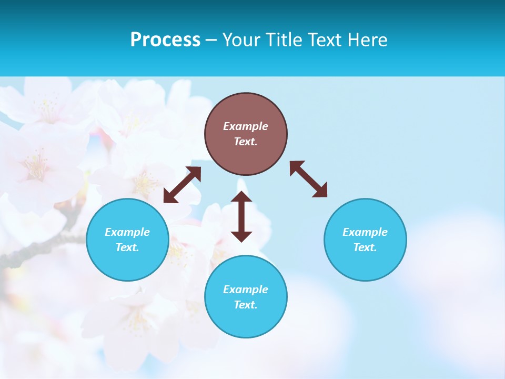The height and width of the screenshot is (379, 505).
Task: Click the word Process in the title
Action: click(165, 40)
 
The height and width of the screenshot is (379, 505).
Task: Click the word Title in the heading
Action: click(280, 40)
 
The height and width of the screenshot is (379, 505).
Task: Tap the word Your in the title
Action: click(241, 40)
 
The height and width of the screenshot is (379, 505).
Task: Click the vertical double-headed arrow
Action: click(241, 216)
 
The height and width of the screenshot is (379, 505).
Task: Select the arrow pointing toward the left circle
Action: click(182, 185)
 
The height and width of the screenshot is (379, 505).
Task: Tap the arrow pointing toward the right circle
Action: click(308, 179)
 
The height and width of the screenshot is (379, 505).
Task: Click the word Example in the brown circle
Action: click(246, 126)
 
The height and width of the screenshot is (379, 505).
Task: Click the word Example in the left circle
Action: click(127, 232)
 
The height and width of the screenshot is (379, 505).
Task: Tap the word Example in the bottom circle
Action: click(246, 290)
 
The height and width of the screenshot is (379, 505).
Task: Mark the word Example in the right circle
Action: click(365, 232)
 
